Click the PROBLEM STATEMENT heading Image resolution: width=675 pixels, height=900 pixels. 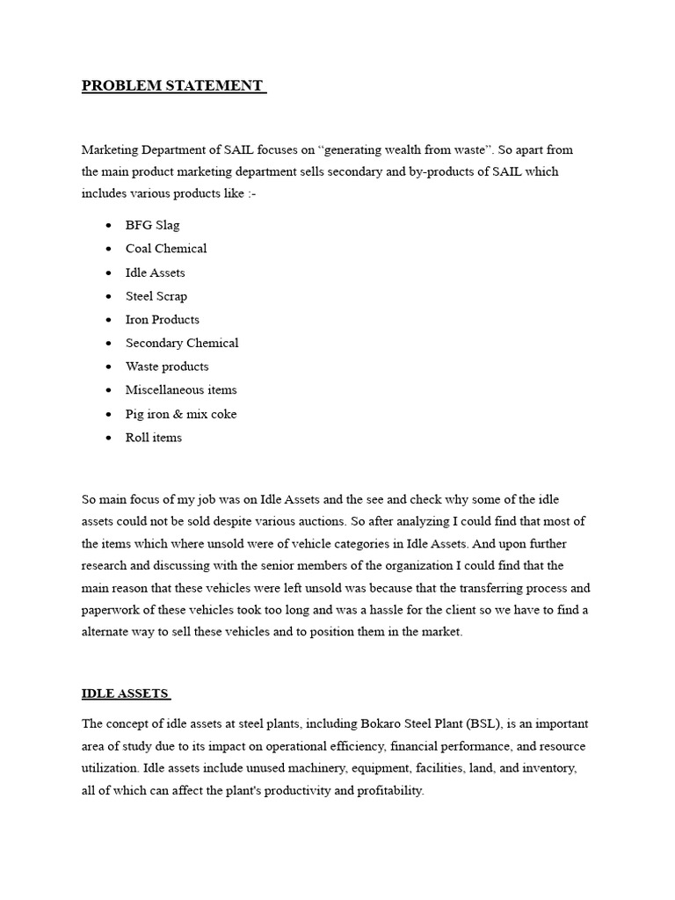pos(172,85)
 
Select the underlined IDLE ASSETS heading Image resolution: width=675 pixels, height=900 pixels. pos(124,693)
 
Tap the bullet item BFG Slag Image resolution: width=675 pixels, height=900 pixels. pos(152,225)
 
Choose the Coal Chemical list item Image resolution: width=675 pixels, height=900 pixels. pos(166,249)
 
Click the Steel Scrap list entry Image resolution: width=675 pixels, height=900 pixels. pos(156,296)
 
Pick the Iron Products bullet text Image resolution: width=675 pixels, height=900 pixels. pos(162,320)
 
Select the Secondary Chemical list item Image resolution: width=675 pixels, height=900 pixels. pos(181,343)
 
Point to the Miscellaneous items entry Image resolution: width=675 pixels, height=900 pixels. pos(180,390)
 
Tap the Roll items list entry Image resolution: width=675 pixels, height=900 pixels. pos(153,438)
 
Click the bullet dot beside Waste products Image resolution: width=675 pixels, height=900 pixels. pos(107,367)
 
